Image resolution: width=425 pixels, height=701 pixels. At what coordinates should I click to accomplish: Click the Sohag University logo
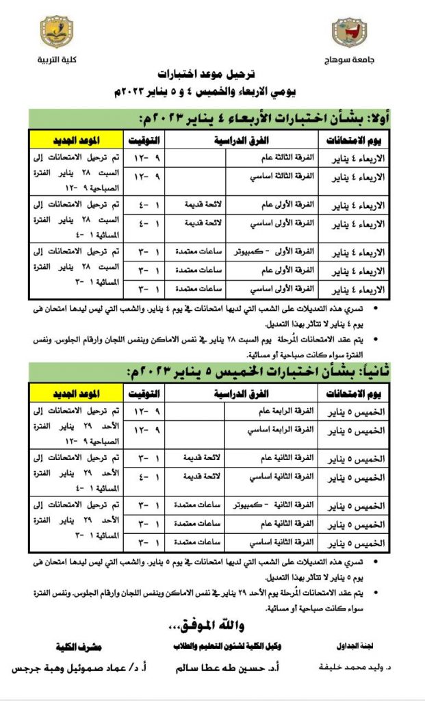coord(349,32)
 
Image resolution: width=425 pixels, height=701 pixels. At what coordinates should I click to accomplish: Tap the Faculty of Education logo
coord(58,32)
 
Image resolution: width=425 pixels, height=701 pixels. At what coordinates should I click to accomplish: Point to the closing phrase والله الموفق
coord(213,626)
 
